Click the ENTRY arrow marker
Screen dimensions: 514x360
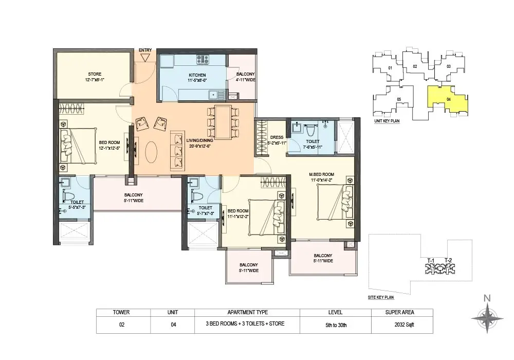(145, 58)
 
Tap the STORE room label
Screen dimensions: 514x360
(95, 74)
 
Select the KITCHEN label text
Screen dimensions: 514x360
(197, 75)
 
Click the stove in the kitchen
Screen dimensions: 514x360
(203, 59)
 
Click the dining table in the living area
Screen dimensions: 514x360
(223, 122)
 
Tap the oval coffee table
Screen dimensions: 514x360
(151, 152)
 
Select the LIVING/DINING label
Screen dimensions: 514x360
(199, 140)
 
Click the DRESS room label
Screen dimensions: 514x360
(277, 137)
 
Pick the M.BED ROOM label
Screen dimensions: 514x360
(322, 174)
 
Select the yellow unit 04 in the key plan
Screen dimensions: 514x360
(448, 99)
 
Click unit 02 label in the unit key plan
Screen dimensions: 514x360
(415, 66)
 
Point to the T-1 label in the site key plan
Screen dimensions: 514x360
(431, 261)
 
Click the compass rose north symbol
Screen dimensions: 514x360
(487, 317)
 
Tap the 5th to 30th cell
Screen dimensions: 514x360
(336, 325)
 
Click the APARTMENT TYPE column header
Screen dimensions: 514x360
(248, 313)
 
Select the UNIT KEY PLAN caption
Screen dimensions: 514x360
(387, 121)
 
